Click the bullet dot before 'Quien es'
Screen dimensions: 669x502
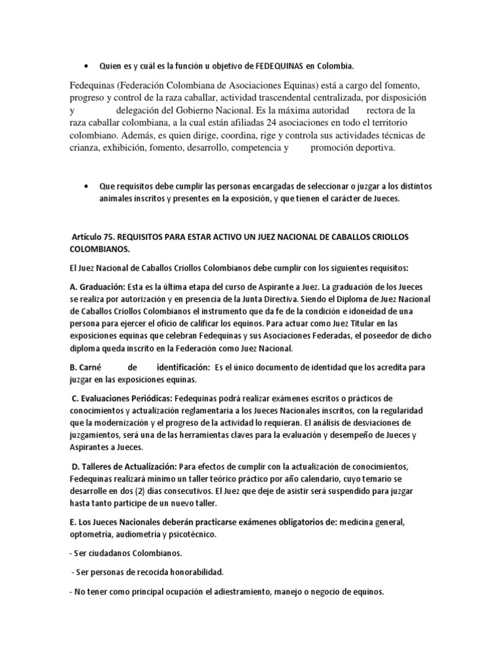click(88, 66)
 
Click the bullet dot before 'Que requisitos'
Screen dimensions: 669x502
click(88, 186)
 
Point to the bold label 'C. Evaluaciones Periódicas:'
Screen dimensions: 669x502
click(125, 398)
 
